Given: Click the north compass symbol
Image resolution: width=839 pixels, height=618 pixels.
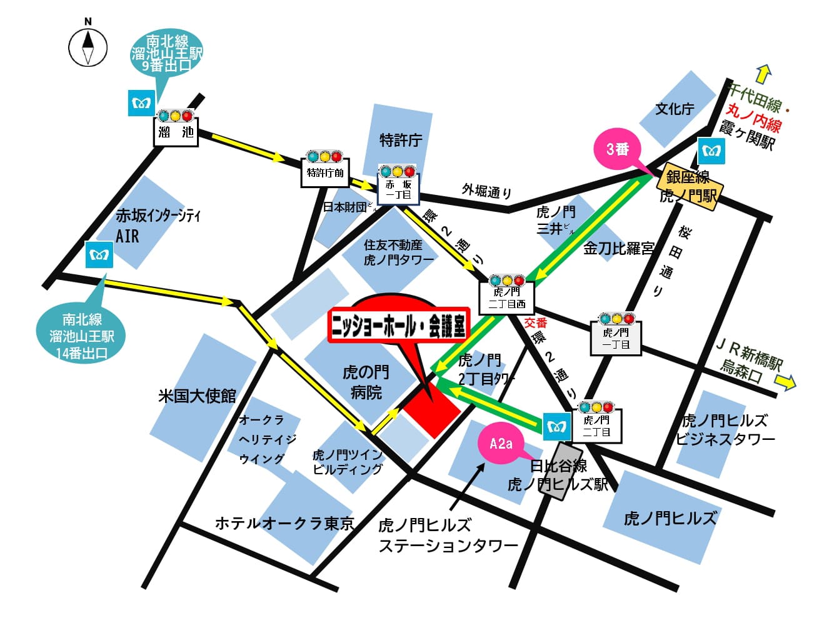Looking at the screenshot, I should (x=88, y=47).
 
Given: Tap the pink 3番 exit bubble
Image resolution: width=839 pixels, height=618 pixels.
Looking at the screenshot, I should (x=618, y=149).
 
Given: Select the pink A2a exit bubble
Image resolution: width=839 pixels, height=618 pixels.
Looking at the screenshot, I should (x=500, y=443).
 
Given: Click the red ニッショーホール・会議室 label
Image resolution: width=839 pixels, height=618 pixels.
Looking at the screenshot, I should (x=398, y=325).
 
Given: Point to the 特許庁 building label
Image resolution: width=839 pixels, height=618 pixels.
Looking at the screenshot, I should (x=401, y=140).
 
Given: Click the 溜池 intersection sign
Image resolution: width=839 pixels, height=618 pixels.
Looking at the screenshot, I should (x=176, y=132).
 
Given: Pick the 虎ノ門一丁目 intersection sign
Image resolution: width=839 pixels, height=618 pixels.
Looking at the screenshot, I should (x=616, y=339).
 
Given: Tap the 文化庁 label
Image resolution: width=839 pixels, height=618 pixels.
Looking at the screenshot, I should (x=675, y=109).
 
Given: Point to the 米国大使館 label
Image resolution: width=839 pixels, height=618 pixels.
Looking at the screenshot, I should (x=197, y=396).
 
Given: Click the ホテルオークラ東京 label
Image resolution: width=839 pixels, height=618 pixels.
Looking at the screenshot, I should (x=284, y=523).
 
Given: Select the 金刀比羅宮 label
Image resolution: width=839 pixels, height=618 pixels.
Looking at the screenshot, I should (x=618, y=249).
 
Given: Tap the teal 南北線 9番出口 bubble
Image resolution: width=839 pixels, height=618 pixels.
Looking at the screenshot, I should (x=167, y=54).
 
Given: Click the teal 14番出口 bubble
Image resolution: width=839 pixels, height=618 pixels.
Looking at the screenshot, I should (x=82, y=336).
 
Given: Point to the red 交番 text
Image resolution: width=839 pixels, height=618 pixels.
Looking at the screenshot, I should (x=535, y=322).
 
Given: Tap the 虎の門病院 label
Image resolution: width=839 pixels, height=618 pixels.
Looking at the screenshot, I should (x=366, y=382).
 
